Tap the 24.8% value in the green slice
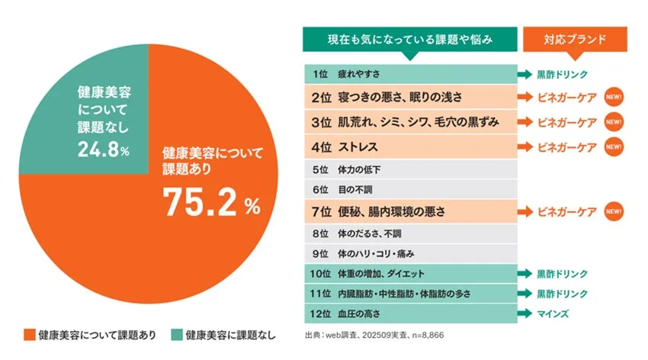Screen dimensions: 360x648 [x=103, y=149]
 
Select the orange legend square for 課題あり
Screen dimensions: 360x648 [x=29, y=335]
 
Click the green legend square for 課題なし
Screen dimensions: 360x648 [x=177, y=335]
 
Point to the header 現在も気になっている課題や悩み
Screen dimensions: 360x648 [x=409, y=38]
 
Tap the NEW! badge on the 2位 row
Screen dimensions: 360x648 [x=614, y=98]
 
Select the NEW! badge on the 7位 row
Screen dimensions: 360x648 [x=614, y=211]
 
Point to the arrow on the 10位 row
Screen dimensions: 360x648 [x=524, y=273]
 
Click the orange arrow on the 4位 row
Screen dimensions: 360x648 [x=525, y=145]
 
